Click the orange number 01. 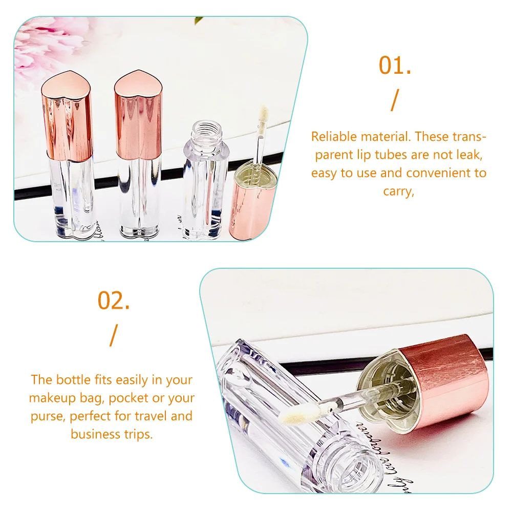point(395,66)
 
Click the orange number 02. point(114,301)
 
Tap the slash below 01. point(394,100)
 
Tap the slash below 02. point(113,335)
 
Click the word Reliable point(335,137)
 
